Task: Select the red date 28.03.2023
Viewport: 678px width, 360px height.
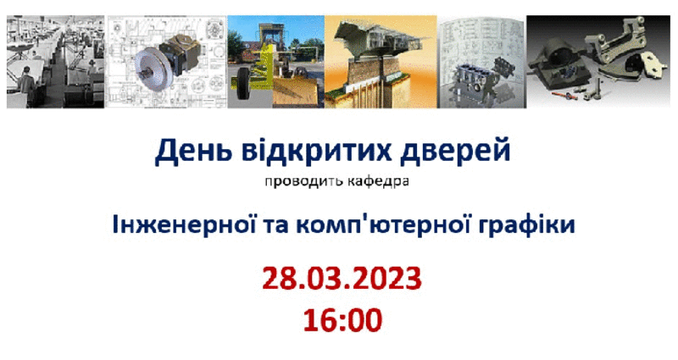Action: (x=342, y=279)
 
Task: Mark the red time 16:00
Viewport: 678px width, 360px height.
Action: (x=342, y=320)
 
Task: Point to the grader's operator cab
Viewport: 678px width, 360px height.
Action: (x=270, y=40)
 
